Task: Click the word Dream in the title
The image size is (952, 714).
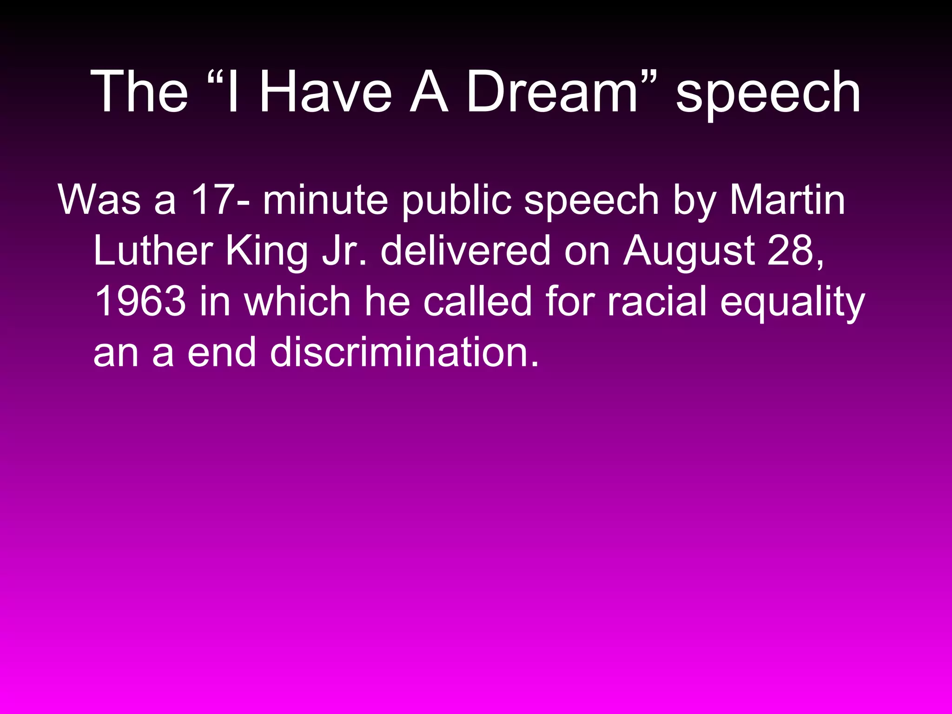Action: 552,92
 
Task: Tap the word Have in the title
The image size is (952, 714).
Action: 325,92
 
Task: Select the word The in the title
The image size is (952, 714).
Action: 139,92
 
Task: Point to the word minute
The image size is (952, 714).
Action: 325,200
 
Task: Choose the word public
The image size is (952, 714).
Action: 456,201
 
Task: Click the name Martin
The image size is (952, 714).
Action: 787,200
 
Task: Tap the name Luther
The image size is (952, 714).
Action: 153,251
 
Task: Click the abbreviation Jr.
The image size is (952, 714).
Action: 343,251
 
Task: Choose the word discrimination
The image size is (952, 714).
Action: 404,352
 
